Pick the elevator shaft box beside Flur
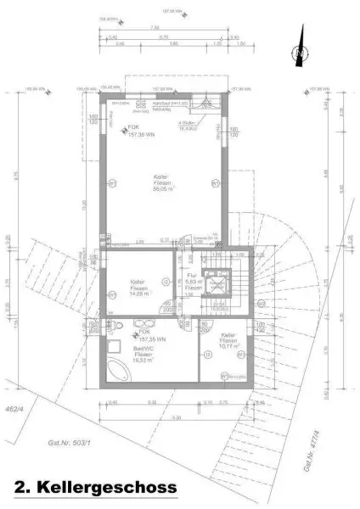click(x=218, y=283)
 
